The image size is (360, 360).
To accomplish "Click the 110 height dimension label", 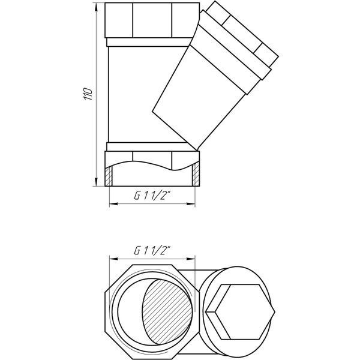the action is [88, 94].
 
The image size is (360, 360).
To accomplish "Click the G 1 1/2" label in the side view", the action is [153, 196].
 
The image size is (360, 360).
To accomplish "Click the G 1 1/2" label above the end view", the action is [153, 250].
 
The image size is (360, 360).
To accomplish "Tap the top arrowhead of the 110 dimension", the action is [96, 8].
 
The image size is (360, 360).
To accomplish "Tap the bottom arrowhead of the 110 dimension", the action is [96, 181].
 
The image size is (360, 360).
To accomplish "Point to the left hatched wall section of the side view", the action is [109, 176].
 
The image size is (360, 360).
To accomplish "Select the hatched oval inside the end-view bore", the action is [167, 312].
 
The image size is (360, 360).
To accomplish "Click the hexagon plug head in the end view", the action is [240, 312].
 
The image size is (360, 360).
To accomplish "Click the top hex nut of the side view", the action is [152, 20].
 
